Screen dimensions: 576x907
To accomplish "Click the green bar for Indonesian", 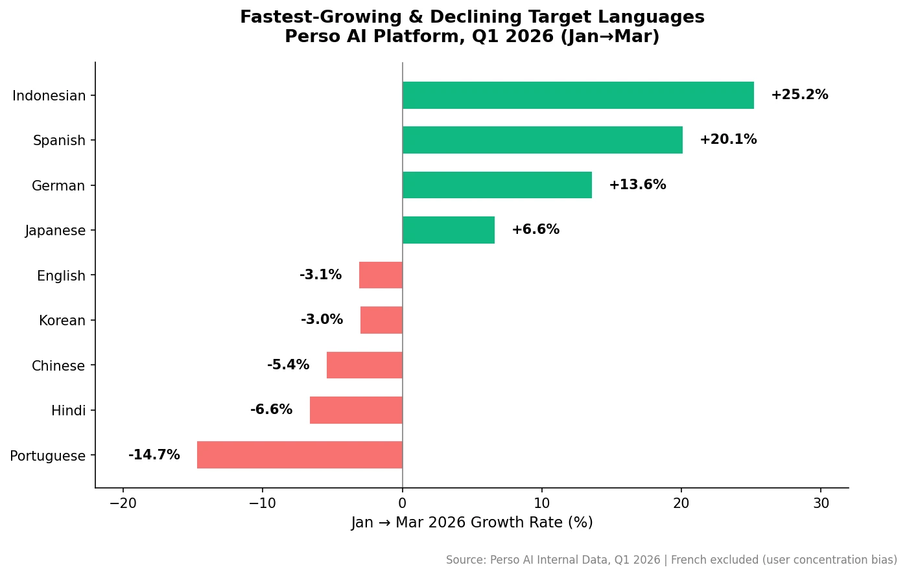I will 578,95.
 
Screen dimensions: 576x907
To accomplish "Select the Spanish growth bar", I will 542,140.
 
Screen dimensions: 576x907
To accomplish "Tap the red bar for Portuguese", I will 300,455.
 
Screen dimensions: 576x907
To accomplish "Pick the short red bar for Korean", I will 381,320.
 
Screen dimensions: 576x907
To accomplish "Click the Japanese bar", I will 448,230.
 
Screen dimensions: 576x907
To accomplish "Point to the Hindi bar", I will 356,410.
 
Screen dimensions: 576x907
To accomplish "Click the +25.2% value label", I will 799,95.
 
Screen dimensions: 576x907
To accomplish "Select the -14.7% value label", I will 154,455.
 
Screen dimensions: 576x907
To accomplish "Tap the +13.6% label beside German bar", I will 637,185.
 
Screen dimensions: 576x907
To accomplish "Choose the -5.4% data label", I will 288,365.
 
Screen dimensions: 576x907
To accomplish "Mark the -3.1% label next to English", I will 320,275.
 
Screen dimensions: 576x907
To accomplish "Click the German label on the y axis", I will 58,186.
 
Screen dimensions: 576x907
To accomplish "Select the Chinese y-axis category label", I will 58,366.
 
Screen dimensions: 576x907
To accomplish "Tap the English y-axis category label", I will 61,276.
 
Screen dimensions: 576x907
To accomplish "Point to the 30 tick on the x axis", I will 821,503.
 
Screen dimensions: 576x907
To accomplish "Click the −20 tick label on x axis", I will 123,503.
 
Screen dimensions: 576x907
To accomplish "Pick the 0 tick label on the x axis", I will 402,503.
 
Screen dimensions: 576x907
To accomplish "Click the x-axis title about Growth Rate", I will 471,523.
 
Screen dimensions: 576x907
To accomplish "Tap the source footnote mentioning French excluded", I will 671,560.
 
